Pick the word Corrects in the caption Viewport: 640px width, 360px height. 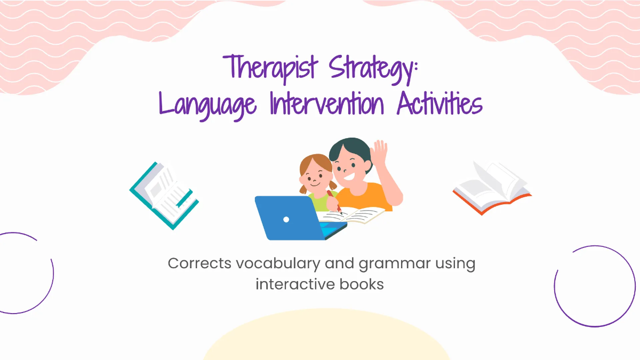[195, 263]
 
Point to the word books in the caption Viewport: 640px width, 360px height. [361, 284]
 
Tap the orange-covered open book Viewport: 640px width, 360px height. [492, 188]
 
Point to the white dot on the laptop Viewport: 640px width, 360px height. [286, 219]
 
